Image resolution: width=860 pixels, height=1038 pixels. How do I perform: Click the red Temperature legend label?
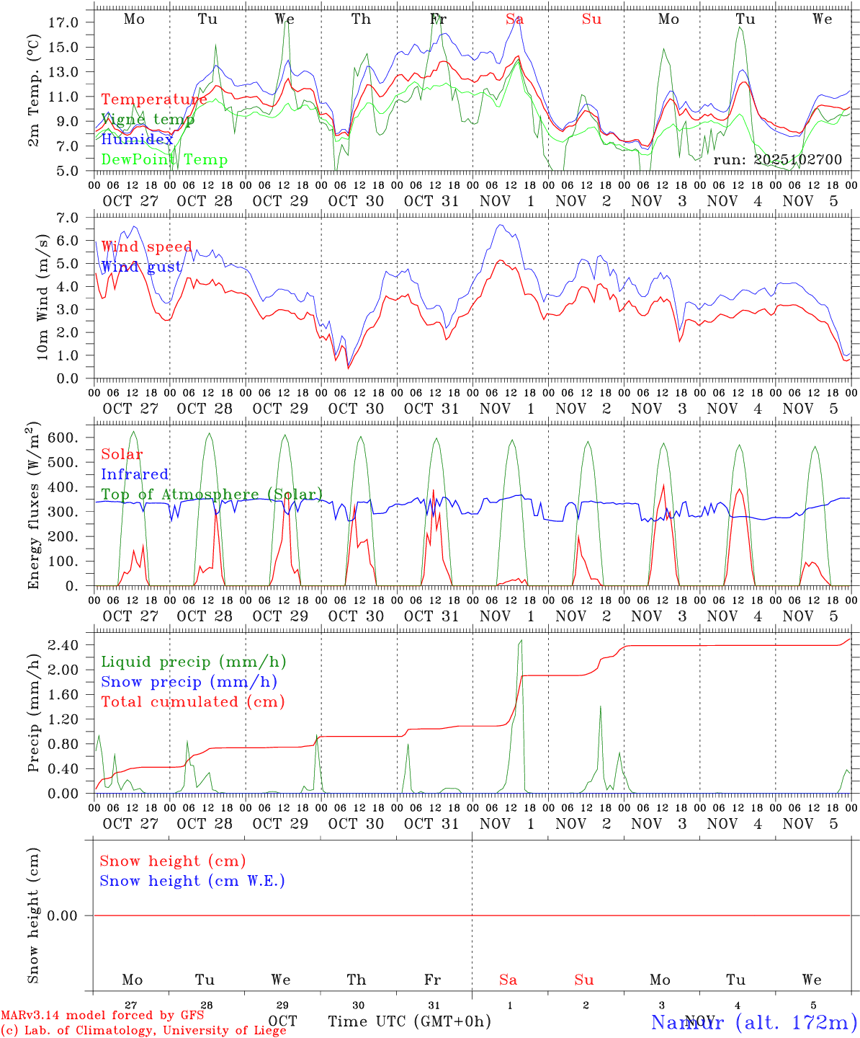pos(153,99)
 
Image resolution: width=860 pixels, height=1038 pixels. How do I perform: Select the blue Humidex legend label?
pos(137,139)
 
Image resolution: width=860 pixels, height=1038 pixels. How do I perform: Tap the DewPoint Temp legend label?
pos(164,159)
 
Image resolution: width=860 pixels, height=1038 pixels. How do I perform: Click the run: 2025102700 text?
pos(777,159)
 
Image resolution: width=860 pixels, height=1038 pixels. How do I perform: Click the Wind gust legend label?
pos(140,267)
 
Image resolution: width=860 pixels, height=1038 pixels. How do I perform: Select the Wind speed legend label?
pos(146,247)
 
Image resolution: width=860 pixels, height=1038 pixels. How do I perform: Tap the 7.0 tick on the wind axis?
pos(66,218)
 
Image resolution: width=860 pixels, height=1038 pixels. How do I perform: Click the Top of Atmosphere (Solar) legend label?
pos(211,494)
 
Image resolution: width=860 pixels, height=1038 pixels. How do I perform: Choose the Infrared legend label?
pos(135,474)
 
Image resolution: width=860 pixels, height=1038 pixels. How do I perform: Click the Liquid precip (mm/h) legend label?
pos(193,662)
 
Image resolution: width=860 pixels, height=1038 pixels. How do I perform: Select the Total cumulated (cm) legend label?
pos(192,701)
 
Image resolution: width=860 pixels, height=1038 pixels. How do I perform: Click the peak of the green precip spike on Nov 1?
pos(521,640)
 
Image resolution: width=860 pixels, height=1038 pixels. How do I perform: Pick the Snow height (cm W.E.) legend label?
pos(192,881)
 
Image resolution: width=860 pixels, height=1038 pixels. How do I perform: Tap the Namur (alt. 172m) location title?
pos(753,1021)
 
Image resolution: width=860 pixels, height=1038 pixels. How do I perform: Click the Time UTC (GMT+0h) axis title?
pos(409,1021)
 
